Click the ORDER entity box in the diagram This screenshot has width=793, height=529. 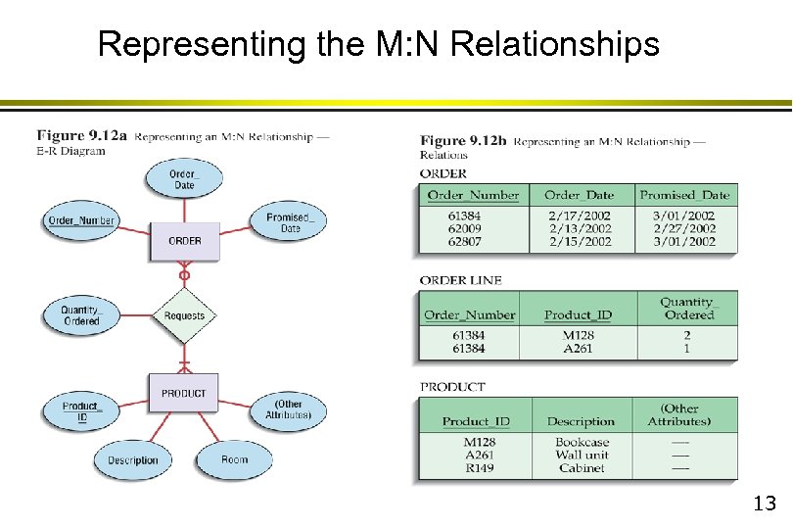184,241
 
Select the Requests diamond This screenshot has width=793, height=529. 184,315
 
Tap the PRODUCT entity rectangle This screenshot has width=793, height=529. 184,393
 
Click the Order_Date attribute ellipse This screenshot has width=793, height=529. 184,179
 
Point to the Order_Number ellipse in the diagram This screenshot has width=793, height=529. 81,220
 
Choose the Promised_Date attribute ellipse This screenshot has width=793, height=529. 290,222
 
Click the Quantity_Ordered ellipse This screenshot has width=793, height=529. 81,315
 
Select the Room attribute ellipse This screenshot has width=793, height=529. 234,459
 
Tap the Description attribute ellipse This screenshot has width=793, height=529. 132,460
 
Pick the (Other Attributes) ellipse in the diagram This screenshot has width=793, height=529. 288,409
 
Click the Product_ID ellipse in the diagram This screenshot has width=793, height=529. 81,411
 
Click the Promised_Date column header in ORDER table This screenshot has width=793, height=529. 684,195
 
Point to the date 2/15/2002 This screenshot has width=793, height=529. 579,242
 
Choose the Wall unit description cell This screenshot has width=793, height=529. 582,455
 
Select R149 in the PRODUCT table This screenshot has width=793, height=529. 479,468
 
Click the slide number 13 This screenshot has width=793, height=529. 764,505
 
